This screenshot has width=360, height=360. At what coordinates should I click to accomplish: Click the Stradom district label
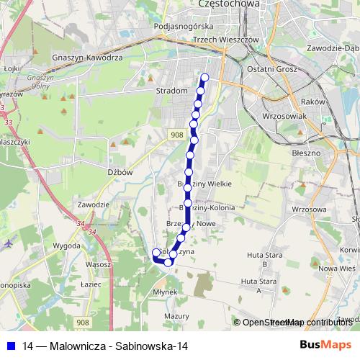[171, 91]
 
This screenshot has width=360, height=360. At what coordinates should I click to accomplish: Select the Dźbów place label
[120, 173]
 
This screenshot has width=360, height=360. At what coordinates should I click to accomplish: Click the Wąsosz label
[96, 264]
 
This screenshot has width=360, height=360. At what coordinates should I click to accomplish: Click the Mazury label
[176, 316]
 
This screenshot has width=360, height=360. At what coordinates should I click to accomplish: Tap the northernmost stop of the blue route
[204, 78]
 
